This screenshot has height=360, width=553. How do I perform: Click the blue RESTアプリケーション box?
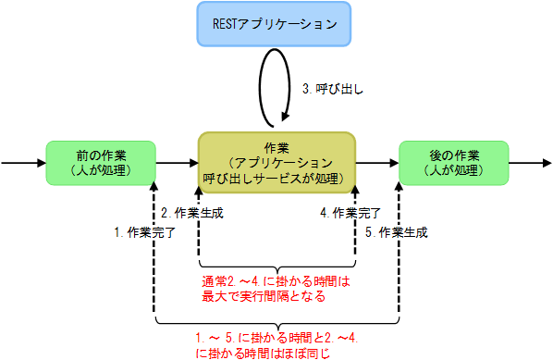pyautogui.click(x=276, y=25)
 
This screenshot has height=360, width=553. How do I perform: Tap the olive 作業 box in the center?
pyautogui.click(x=276, y=163)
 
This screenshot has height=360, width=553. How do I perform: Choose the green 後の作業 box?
pyautogui.click(x=453, y=163)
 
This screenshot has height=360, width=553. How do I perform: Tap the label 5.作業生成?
pyautogui.click(x=397, y=232)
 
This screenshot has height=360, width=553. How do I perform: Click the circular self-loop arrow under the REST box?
pyautogui.click(x=276, y=89)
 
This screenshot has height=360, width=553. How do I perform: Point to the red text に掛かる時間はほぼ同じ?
pyautogui.click(x=264, y=353)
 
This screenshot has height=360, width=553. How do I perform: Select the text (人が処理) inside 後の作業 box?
pyautogui.click(x=453, y=170)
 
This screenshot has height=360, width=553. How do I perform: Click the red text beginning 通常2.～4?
pyautogui.click(x=277, y=281)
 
